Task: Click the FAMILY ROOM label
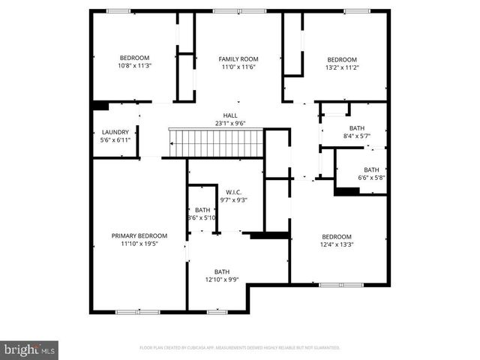238,58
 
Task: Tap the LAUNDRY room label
115,132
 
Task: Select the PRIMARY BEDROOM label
139,235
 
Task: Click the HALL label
230,115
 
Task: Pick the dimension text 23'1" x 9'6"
230,124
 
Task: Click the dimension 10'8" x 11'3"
135,66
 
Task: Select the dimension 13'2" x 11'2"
342,67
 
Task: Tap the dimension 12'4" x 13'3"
337,244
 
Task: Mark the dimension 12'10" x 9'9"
222,280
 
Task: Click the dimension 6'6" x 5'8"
371,178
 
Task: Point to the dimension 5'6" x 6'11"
115,140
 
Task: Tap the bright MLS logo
30,349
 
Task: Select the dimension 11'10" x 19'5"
139,244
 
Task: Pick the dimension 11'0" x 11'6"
238,67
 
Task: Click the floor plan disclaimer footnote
240,348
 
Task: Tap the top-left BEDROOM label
135,58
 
